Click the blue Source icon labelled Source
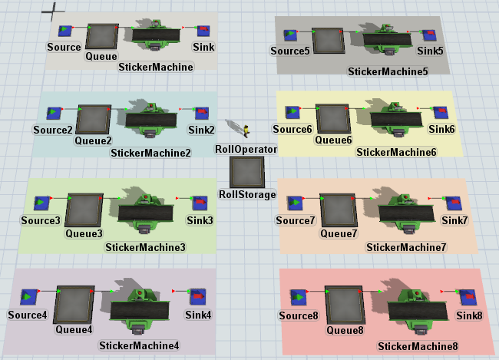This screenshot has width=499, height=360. [x=65, y=31]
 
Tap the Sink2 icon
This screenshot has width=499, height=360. [x=200, y=114]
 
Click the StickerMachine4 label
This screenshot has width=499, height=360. [x=139, y=345]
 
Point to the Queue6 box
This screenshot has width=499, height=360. [x=334, y=121]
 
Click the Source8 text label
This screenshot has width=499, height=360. [x=298, y=315]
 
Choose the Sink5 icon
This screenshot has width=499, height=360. [x=429, y=35]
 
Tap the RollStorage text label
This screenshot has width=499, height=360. [x=247, y=195]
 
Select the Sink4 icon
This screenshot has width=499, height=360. [x=197, y=296]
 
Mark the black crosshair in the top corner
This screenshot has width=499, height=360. [x=53, y=10]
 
